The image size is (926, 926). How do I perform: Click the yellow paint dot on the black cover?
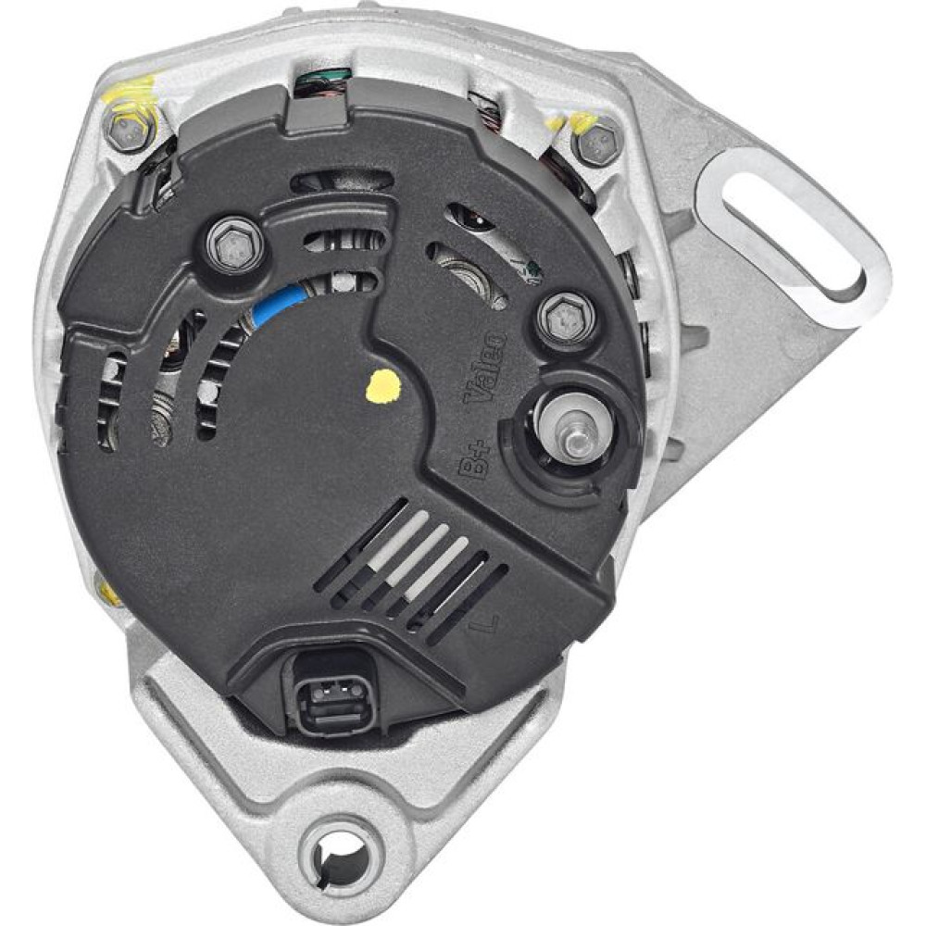tap(383, 387)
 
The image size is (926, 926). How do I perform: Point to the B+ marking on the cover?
tap(473, 460)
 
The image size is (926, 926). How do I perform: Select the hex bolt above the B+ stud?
tap(567, 319)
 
